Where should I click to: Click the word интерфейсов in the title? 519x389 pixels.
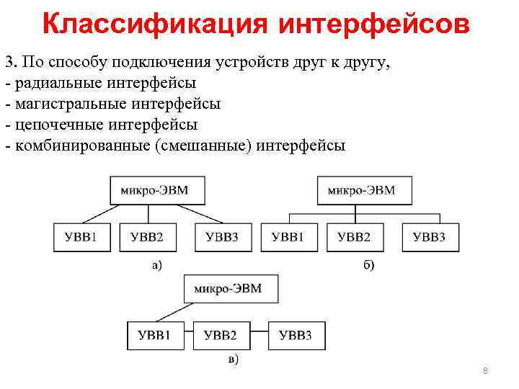pos(374,24)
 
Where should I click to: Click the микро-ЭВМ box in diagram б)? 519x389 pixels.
pos(366,190)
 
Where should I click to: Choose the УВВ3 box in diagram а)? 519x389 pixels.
pos(221,238)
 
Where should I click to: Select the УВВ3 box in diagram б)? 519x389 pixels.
pos(428,238)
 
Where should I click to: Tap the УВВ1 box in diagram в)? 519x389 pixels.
pos(154,336)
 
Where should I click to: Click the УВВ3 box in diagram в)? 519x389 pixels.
pos(296,336)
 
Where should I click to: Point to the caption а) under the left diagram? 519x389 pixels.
pos(156,266)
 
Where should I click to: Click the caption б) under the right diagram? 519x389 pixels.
pos(368,266)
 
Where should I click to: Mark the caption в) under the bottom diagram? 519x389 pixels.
pos(234,359)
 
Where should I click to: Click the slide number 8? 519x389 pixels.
pos(485,371)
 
